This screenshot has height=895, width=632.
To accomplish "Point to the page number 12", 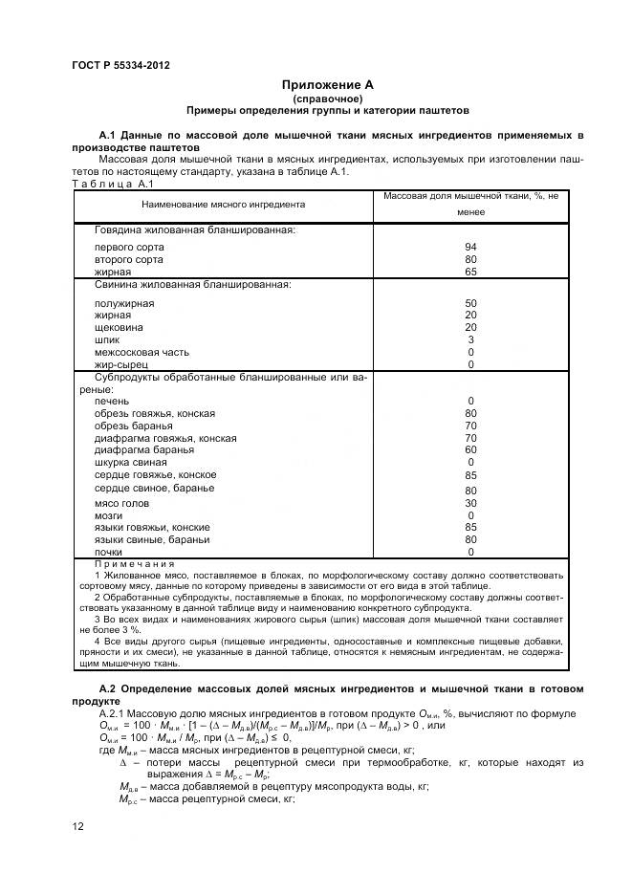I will click(x=77, y=825).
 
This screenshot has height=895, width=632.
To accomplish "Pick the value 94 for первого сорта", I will click(x=470, y=247).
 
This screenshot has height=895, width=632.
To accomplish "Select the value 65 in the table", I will click(x=470, y=273).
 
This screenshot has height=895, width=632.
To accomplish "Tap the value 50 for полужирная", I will click(x=470, y=303).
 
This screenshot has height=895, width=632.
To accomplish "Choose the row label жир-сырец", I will click(x=121, y=364).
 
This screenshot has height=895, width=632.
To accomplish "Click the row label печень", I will click(x=112, y=401).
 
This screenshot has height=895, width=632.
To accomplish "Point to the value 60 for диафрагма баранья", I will click(x=470, y=449).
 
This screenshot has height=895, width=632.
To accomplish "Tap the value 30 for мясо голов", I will click(x=470, y=503).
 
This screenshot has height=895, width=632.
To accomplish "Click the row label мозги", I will click(x=109, y=515).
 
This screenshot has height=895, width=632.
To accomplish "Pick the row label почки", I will click(x=108, y=552).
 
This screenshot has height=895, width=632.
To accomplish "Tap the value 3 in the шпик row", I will click(x=470, y=339).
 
